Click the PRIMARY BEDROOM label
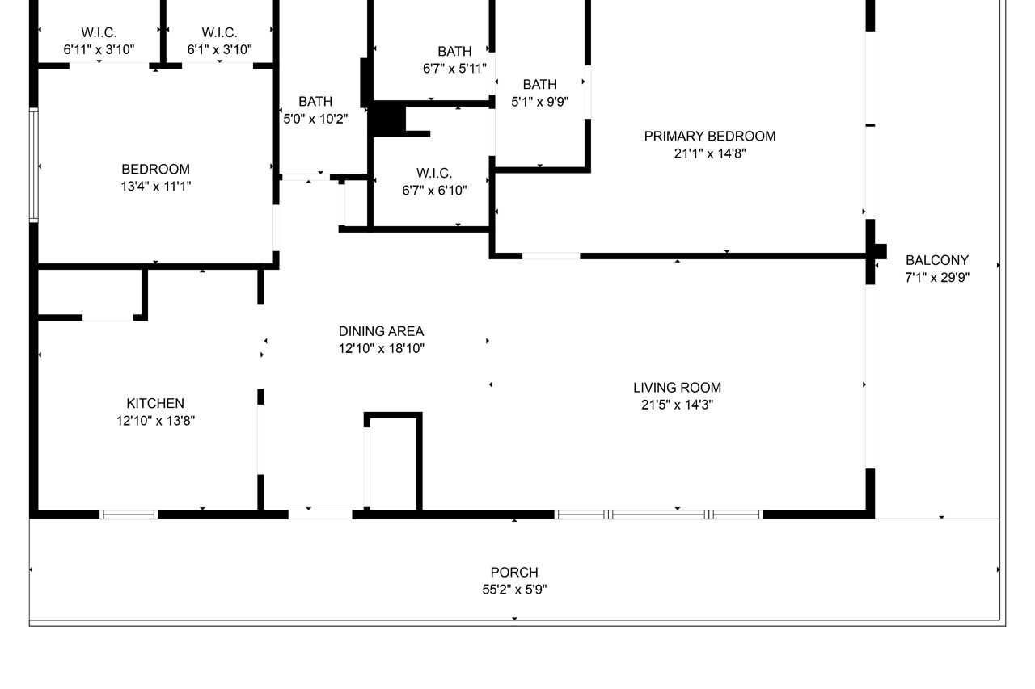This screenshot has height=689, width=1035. coord(709,137)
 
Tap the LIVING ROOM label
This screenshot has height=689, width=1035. coord(677,388)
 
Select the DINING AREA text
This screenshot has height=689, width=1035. coord(381,331)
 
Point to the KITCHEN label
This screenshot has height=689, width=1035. coord(155,404)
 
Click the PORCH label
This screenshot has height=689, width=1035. coord(514,573)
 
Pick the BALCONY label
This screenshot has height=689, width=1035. coord(936,261)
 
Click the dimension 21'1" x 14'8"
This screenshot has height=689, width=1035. coord(709,153)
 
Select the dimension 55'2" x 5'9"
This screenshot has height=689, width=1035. coord(514,590)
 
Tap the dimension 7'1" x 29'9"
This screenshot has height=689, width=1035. coord(936,278)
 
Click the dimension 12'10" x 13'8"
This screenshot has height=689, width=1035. coord(155,421)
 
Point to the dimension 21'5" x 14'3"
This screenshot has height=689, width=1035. coord(677,405)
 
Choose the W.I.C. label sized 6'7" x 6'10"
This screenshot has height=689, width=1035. coord(434,174)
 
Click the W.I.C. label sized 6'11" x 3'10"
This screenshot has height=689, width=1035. coord(99,33)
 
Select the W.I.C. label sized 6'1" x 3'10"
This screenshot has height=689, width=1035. coord(219,33)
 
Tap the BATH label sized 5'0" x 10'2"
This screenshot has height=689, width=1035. coord(315,102)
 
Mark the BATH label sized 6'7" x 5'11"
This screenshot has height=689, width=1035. coord(454,52)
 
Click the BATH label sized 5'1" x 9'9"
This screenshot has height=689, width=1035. coord(539,85)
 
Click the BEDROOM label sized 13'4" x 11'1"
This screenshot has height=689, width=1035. coord(155,170)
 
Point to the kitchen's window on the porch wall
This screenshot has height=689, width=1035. coord(129,515)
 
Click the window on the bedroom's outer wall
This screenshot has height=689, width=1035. coord(34,165)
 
